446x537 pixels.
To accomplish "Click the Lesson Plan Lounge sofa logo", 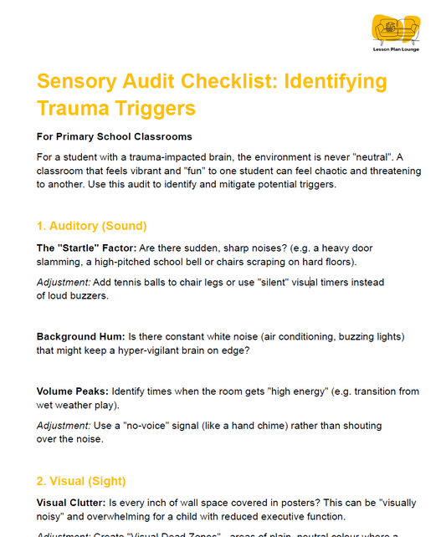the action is coord(396,31).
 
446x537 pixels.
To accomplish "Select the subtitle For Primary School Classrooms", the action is coord(115,136).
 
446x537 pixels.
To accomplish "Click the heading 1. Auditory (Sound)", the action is coord(92,226).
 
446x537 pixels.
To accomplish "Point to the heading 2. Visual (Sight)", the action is coord(81,481).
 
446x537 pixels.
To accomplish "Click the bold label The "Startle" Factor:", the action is coord(86,248).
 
